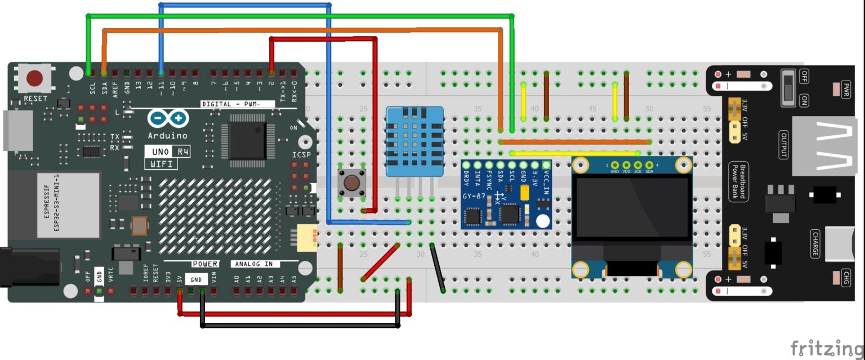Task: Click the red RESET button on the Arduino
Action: [x=35, y=78]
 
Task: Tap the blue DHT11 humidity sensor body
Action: [x=414, y=141]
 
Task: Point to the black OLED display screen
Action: [x=632, y=207]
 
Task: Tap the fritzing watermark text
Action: [x=826, y=348]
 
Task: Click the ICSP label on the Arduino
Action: [x=301, y=154]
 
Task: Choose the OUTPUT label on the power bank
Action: [x=783, y=145]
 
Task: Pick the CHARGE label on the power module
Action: [x=815, y=243]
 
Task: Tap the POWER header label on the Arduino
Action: [x=205, y=264]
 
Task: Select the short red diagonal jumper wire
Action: [x=380, y=263]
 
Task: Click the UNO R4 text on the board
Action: [x=167, y=152]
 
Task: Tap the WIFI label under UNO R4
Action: [x=161, y=164]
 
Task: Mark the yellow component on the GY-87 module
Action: [x=525, y=193]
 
